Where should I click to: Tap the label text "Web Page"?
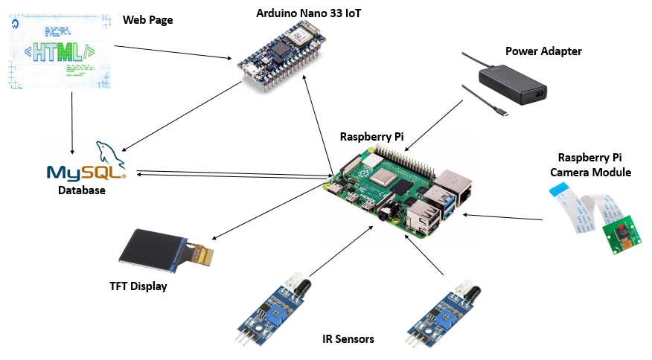click(147, 20)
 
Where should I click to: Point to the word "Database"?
click(82, 190)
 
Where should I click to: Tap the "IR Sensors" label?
click(348, 339)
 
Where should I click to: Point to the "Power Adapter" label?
click(543, 51)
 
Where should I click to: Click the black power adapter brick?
click(512, 80)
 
